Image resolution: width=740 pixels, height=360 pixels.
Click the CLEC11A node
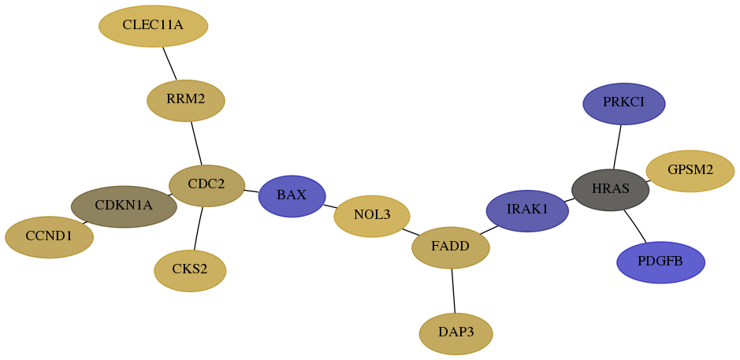pyautogui.click(x=154, y=26)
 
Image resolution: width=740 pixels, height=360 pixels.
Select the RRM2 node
pyautogui.click(x=186, y=101)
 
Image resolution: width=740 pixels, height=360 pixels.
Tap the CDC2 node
pyautogui.click(x=206, y=185)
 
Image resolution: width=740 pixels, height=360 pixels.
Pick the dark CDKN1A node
pyautogui.click(x=124, y=206)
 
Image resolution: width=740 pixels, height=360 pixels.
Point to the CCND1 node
pyautogui.click(x=49, y=237)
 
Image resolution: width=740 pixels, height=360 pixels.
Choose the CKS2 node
pyautogui.click(x=190, y=271)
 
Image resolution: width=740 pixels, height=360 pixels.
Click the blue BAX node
pyautogui.click(x=292, y=196)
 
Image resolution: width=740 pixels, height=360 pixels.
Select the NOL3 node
pyautogui.click(x=372, y=216)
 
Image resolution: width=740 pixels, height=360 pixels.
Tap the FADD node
pyautogui.click(x=451, y=247)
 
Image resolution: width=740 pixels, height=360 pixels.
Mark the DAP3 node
pyautogui.click(x=456, y=333)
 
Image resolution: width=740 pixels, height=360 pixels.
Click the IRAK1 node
pyautogui.click(x=527, y=211)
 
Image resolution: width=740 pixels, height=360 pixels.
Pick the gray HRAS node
pyautogui.click(x=610, y=190)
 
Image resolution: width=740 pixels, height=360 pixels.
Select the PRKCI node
pyautogui.click(x=624, y=104)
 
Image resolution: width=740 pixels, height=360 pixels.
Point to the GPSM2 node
pyautogui.click(x=690, y=171)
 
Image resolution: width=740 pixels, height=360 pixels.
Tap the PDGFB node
pyautogui.click(x=660, y=262)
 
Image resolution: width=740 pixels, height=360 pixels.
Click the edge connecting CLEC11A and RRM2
pyautogui.click(x=170, y=64)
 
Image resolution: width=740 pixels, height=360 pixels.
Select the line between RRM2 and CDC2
pyautogui.click(x=196, y=143)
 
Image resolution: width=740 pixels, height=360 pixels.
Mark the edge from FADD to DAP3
pyautogui.click(x=453, y=291)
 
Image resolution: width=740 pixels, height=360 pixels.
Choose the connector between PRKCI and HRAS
pyautogui.click(x=617, y=147)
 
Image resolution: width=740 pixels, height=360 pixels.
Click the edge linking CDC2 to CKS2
pyautogui.click(x=199, y=228)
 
